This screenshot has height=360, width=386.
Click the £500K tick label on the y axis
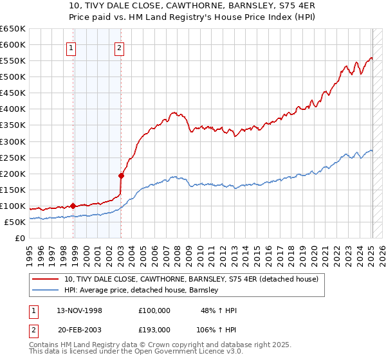click(13, 76)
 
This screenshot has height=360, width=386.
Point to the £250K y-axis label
click(13, 157)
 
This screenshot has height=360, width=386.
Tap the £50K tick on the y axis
click(15, 222)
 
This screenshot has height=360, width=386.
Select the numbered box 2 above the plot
click(120, 47)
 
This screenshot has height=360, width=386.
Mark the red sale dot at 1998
click(73, 206)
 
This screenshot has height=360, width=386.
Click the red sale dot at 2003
click(121, 175)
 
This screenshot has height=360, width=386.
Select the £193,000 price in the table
click(154, 329)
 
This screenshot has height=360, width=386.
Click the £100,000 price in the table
click(154, 310)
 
